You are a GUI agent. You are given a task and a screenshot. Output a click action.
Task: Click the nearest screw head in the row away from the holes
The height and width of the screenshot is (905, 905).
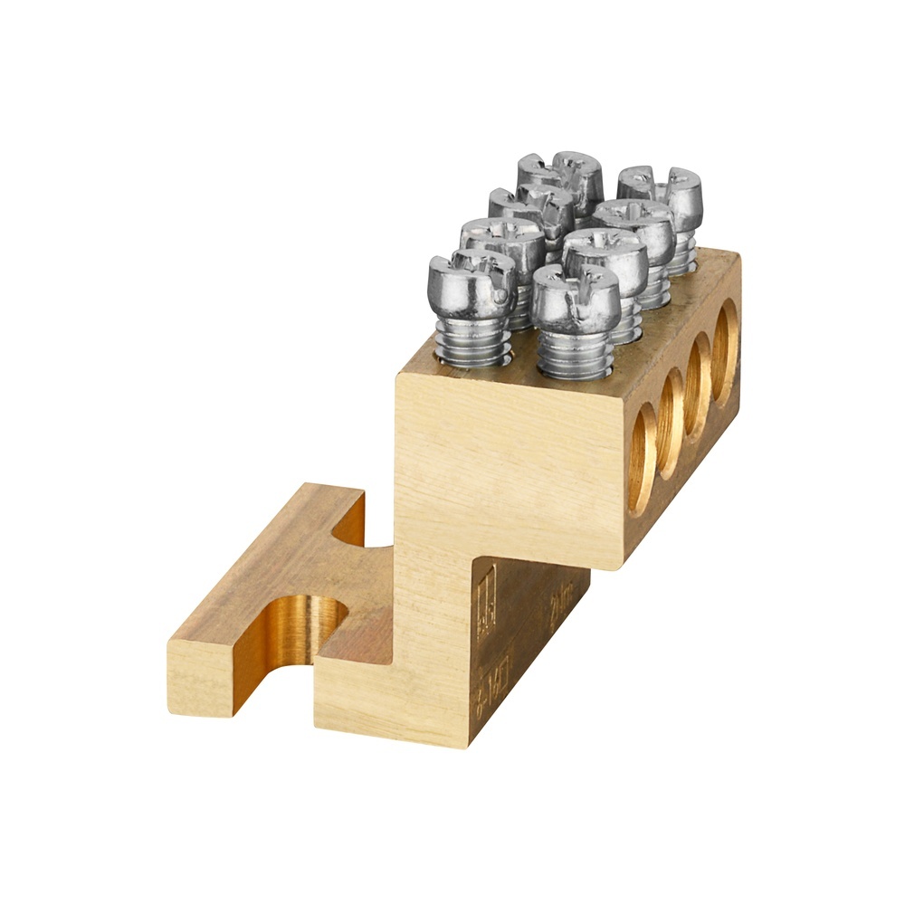click(x=472, y=281)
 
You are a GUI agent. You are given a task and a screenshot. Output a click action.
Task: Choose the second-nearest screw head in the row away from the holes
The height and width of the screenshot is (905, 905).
click(x=502, y=240)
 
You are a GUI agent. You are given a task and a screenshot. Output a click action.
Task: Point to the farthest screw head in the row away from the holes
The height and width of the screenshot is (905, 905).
click(x=561, y=172)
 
